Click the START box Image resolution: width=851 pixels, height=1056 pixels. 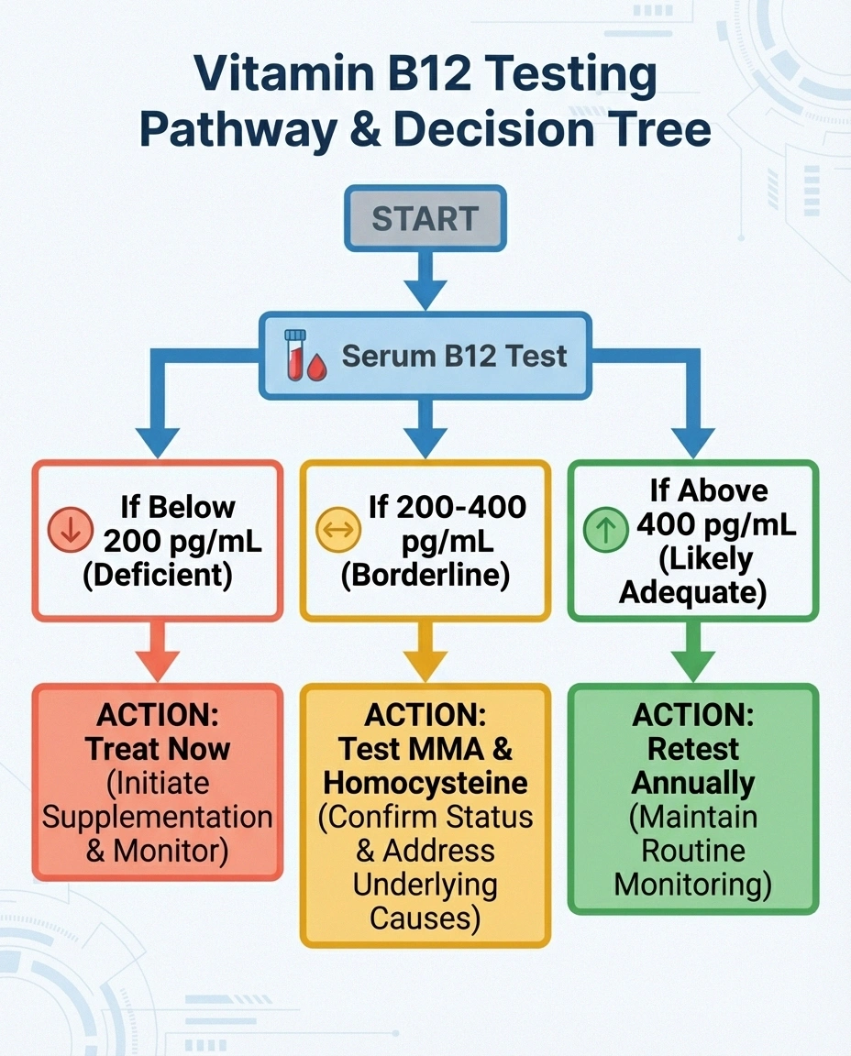tap(425, 219)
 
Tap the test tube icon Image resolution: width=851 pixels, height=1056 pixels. tap(294, 355)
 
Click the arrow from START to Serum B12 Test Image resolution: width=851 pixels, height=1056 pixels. tap(425, 280)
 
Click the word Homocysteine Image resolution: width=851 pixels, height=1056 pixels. tap(425, 783)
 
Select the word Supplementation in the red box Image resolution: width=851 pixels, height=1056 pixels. tap(158, 817)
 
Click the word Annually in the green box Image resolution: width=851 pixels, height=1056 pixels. tap(692, 783)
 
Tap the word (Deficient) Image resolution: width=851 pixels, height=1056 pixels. tap(157, 575)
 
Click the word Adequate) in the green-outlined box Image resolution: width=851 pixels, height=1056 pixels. tap(692, 592)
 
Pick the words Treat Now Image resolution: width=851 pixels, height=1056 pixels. tap(158, 749)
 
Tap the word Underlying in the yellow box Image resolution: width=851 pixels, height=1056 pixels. tap(425, 885)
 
